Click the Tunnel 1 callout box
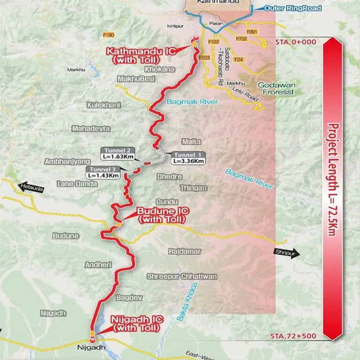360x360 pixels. tap(188, 158)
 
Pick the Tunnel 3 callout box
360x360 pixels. tap(103, 172)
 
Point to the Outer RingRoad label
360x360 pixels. tap(285, 8)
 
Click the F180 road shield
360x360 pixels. tap(108, 35)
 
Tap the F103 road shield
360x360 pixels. tap(204, 58)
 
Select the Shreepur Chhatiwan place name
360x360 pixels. tap(182, 276)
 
